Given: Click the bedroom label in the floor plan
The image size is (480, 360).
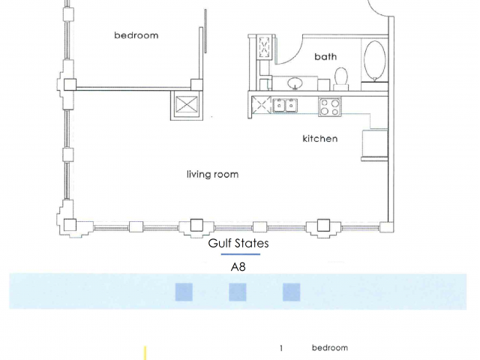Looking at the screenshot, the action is [136, 35].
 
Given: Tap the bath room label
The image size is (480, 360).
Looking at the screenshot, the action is [325, 56].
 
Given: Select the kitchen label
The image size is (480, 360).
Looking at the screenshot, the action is [320, 138].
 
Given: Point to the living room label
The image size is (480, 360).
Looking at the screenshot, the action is [212, 174].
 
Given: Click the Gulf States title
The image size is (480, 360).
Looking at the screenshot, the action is [238, 243].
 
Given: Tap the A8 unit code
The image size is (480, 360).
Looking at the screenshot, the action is [238, 267].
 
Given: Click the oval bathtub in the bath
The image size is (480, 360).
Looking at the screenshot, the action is [375, 60].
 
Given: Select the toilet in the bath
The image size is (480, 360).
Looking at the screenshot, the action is [341, 79].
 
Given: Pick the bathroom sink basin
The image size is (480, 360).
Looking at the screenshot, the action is [295, 82].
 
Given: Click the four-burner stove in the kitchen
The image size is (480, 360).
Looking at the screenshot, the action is [330, 106].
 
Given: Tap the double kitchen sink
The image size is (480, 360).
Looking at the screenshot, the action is [285, 105].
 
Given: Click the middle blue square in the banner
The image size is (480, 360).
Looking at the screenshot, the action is [238, 292].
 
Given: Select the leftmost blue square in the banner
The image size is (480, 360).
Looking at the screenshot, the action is [184, 292].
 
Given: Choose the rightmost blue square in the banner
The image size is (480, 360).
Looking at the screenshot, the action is [292, 292].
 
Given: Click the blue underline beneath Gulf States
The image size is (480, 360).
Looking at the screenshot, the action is [241, 254].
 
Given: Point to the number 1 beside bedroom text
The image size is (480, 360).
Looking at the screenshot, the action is [281, 348].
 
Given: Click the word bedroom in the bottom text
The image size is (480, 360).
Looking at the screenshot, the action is [330, 348].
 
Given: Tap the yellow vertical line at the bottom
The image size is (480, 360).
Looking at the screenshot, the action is [145, 353].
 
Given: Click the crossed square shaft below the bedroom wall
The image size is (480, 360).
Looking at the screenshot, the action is [187, 105].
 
